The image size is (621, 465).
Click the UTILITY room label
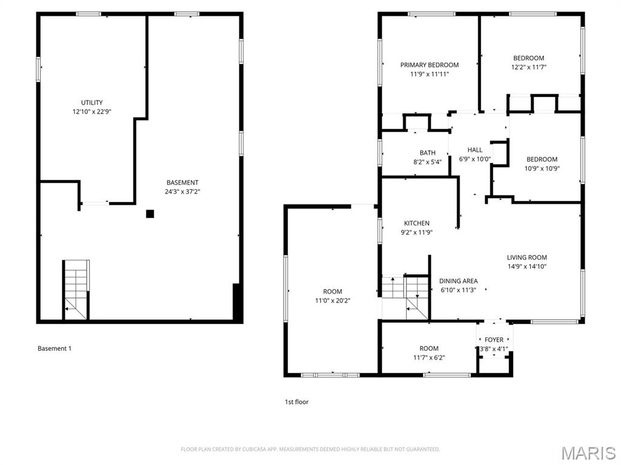(x=92, y=102)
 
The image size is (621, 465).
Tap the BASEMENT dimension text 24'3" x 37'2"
(x=183, y=191)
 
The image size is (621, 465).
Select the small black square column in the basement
(x=150, y=213)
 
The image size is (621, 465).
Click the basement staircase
(x=76, y=289)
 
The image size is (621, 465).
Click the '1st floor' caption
(x=297, y=401)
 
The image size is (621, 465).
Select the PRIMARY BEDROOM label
(x=429, y=65)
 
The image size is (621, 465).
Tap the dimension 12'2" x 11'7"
(x=529, y=67)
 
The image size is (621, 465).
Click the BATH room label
(x=428, y=153)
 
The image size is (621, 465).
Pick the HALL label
(x=475, y=150)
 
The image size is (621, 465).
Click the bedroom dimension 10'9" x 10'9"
(x=542, y=168)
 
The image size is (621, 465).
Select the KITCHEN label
(x=417, y=223)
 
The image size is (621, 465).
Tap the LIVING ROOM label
(x=527, y=257)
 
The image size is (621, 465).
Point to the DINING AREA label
(x=458, y=281)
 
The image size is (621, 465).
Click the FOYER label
(x=494, y=340)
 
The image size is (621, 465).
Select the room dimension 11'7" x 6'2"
(x=429, y=357)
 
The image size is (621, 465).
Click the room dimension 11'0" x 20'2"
(x=332, y=300)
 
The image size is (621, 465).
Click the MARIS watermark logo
(x=588, y=452)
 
